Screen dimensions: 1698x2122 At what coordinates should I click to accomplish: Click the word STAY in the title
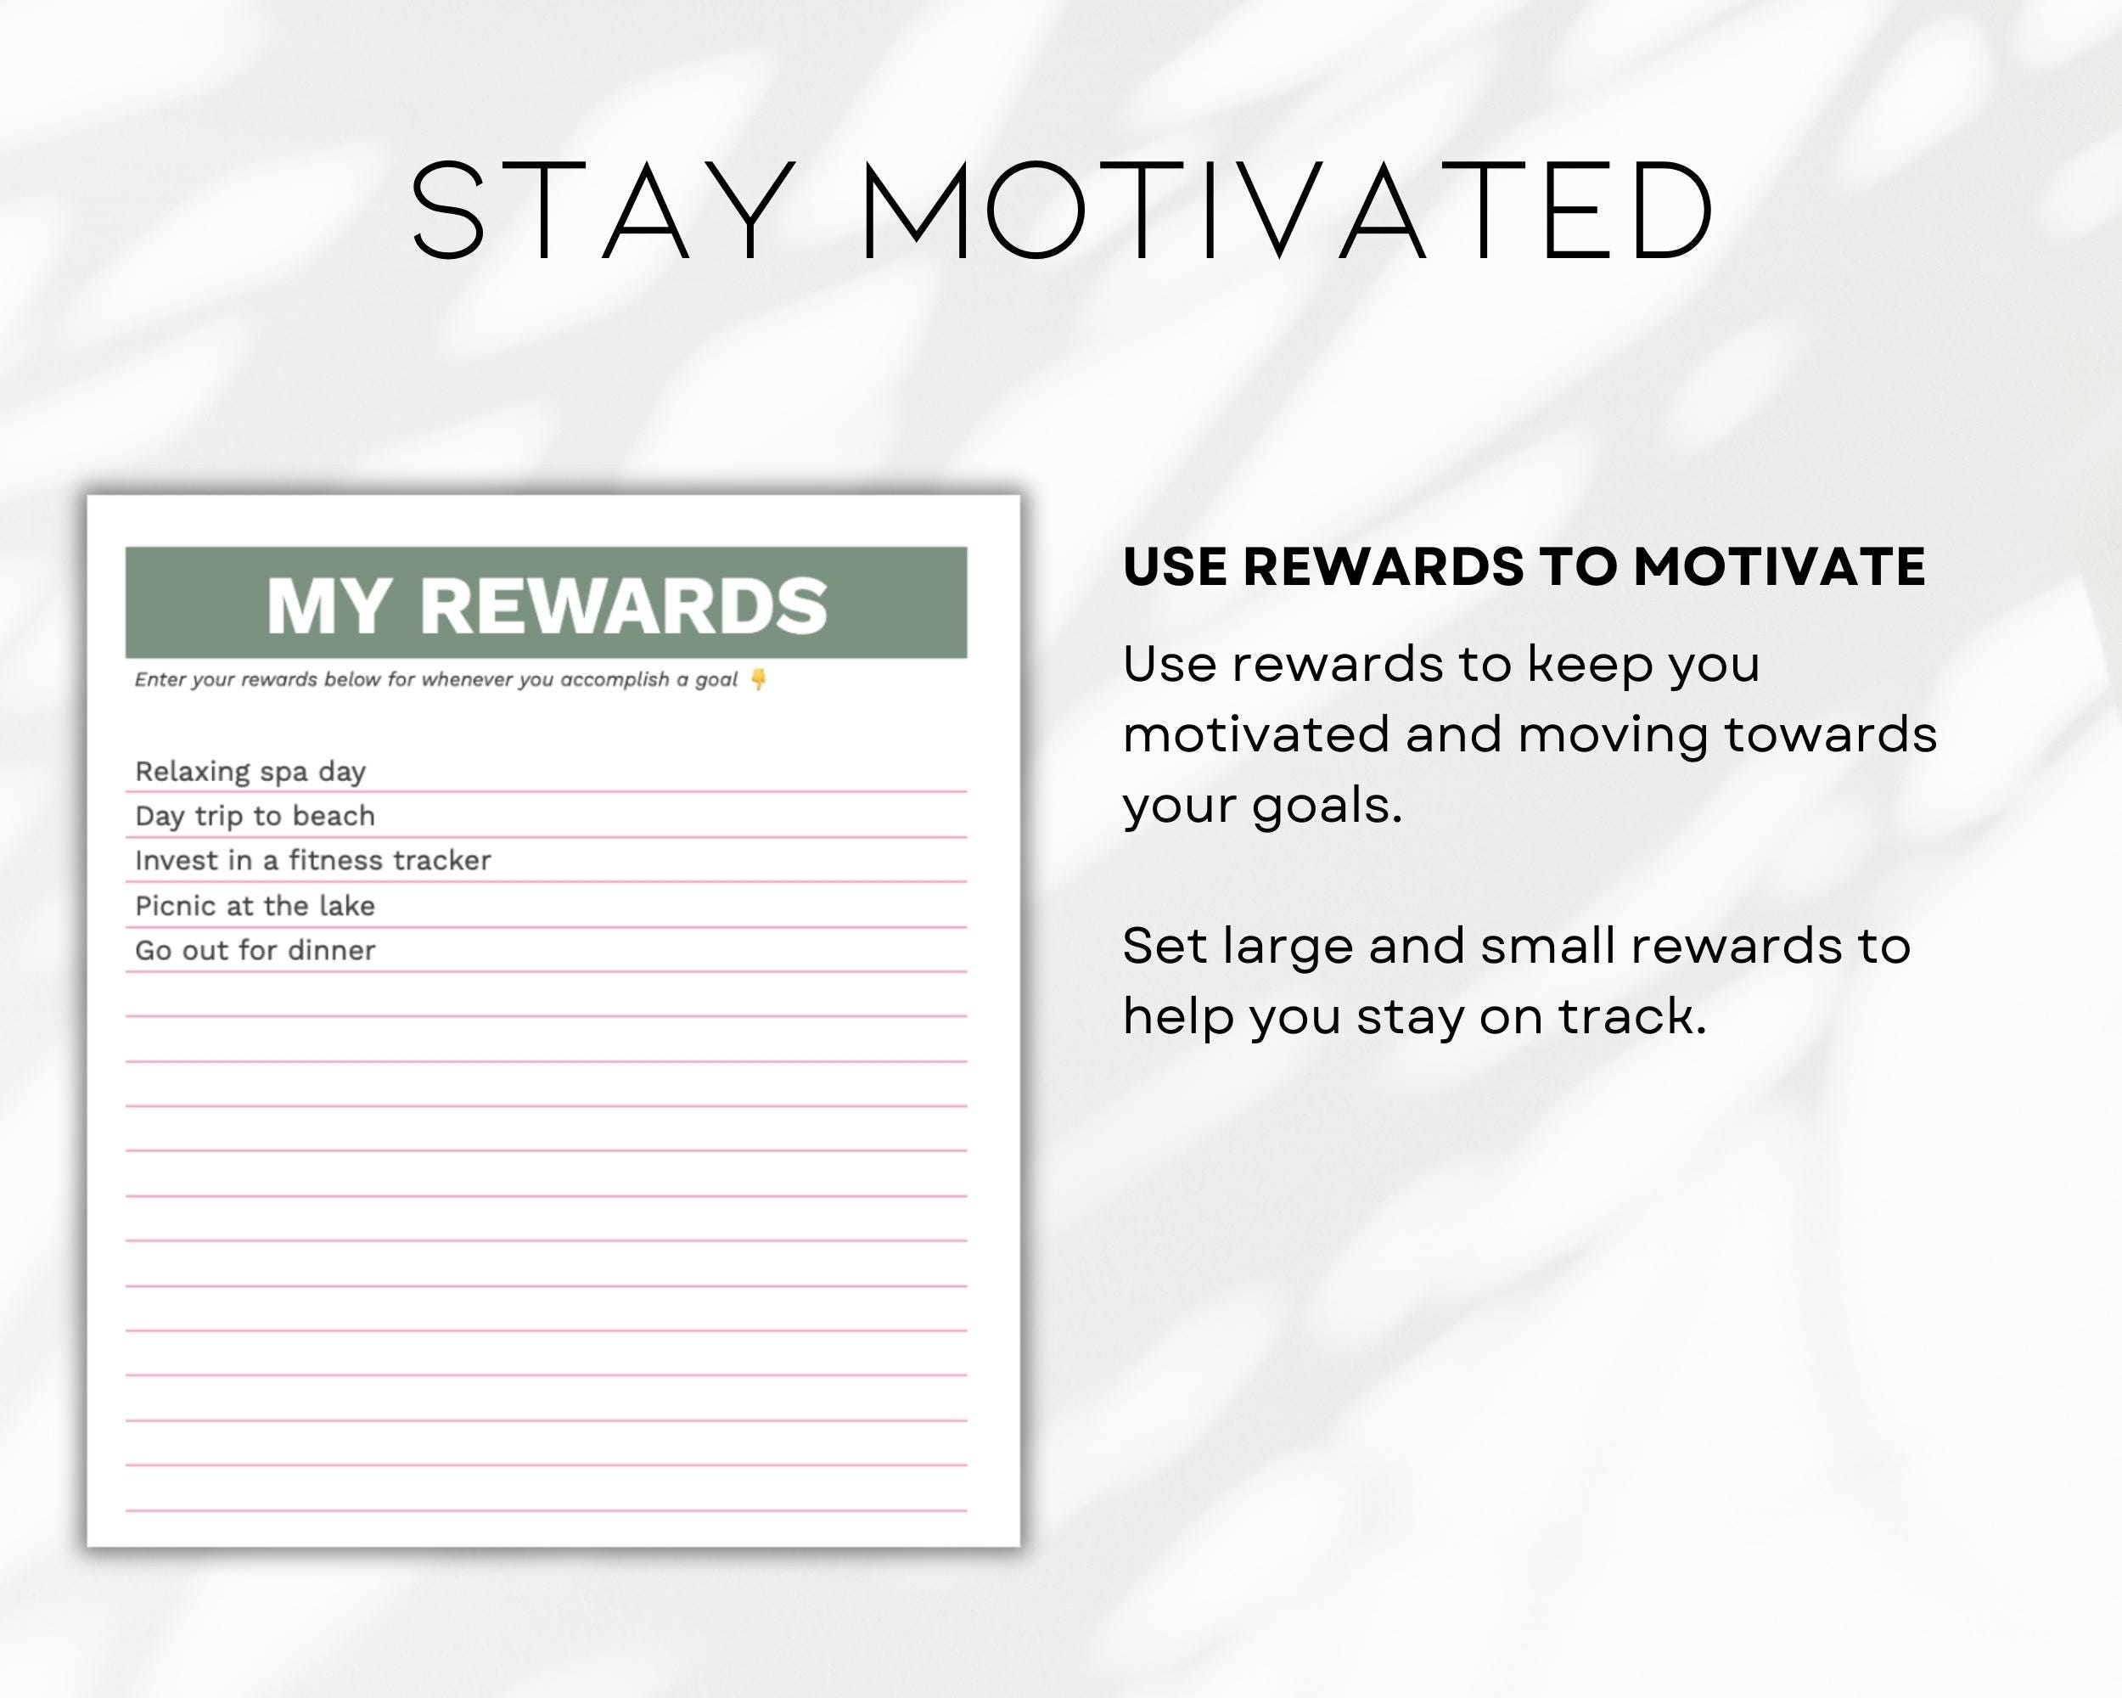pos(603,211)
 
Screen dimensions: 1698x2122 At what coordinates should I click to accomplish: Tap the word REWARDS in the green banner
pos(623,605)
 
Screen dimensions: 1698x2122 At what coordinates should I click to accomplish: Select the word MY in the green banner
pos(327,605)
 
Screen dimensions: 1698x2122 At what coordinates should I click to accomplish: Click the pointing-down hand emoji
pos(758,679)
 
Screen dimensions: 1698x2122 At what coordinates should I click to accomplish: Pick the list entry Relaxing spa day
pos(250,772)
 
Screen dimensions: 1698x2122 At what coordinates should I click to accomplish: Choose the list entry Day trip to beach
pos(255,816)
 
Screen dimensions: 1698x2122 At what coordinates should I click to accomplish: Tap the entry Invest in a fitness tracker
pos(313,860)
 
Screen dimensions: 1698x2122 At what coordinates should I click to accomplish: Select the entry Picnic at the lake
pos(255,906)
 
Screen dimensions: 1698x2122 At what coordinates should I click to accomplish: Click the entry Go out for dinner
pos(255,950)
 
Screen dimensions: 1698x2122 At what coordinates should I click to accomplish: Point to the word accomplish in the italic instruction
pos(615,679)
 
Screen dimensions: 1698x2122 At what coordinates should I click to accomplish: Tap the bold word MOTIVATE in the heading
pos(1778,567)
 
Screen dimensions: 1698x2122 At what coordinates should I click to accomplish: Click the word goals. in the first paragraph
pos(1327,807)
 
